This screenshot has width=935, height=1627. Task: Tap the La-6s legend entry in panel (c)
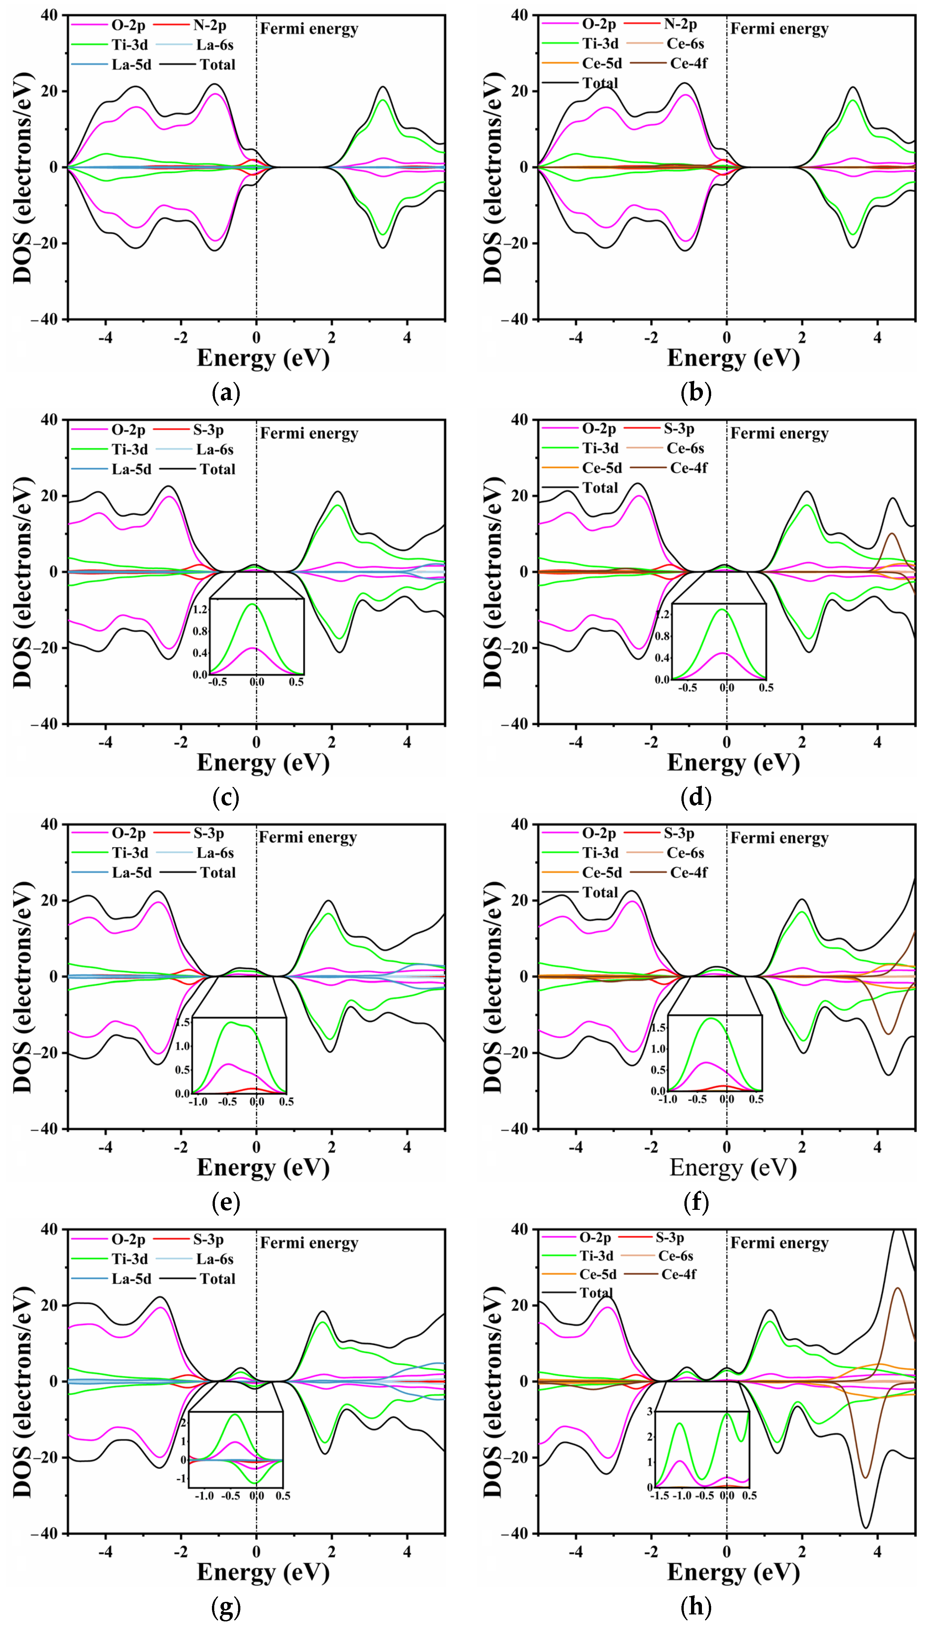click(x=215, y=450)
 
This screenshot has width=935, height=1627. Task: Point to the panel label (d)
click(x=696, y=797)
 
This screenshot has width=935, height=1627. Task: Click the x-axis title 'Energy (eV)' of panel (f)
click(x=733, y=1167)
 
